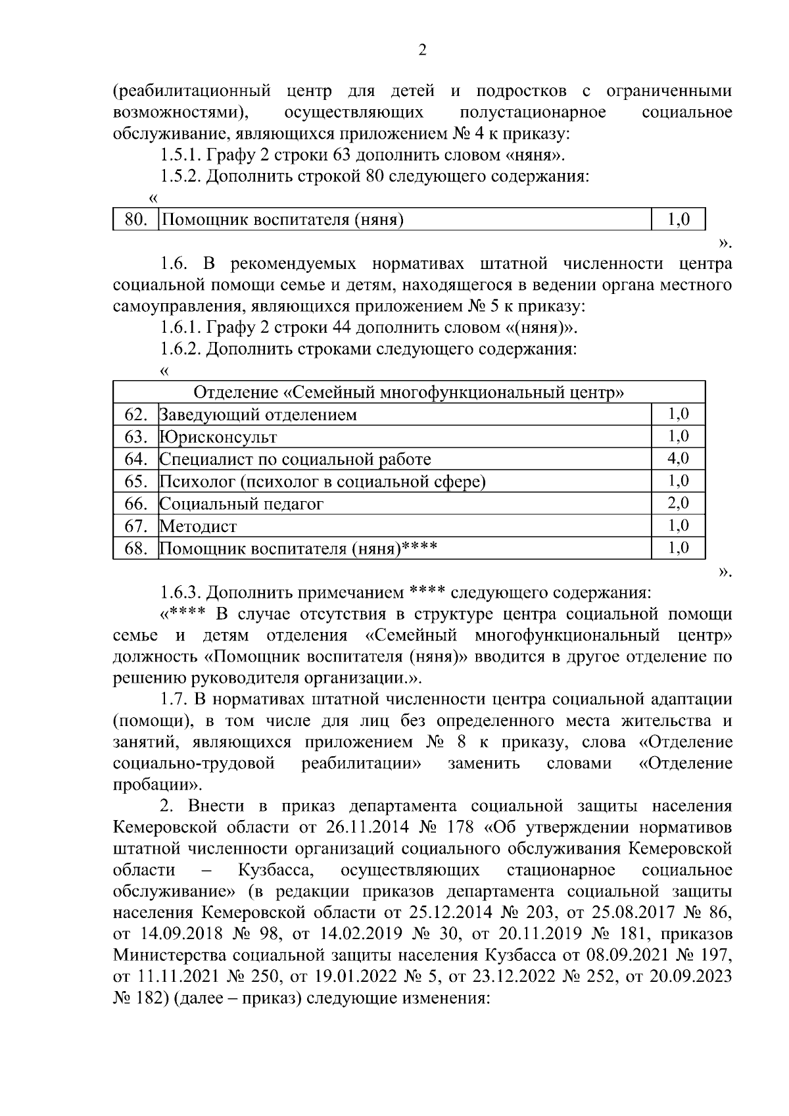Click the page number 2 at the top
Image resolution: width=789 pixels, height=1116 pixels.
(422, 51)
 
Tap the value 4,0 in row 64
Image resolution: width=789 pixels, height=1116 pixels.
(678, 459)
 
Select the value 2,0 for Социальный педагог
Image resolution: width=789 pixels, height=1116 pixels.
(678, 504)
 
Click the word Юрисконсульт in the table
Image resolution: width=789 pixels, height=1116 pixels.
(218, 437)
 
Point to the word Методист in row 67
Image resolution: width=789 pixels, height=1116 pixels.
(199, 526)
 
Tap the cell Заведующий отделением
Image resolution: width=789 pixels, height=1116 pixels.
(258, 415)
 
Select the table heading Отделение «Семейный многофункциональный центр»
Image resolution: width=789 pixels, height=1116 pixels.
(408, 393)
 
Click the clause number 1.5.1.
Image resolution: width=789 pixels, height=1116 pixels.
(180, 155)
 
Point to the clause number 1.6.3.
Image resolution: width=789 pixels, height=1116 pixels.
(180, 593)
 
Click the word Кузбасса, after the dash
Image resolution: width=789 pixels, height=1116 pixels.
(275, 870)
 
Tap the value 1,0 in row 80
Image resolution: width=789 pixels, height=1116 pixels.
(678, 220)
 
